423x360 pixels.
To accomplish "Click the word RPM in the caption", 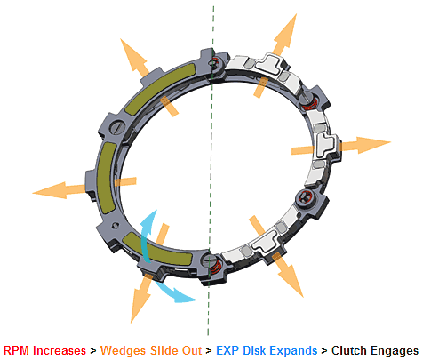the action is [17, 350].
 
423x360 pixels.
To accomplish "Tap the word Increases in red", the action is [60, 350].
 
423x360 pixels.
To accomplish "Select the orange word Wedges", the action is [124, 351].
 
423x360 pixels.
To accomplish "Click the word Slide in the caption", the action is [163, 350].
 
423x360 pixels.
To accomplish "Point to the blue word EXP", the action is [227, 350].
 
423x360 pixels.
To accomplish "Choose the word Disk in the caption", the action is [254, 350].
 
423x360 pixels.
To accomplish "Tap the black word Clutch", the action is [349, 350].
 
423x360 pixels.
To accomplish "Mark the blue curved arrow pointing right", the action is [175, 292].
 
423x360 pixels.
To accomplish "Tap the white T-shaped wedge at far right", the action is [326, 145].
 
